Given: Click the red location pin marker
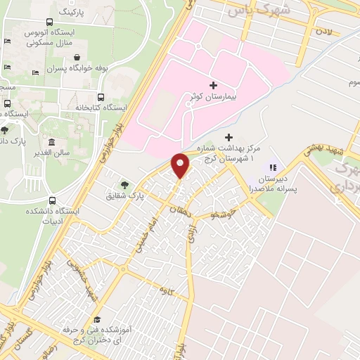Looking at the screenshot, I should pos(181,166).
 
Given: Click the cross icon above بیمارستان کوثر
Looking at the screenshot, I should pos(214,84).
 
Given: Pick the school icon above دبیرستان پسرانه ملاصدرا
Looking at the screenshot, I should pos(274,167).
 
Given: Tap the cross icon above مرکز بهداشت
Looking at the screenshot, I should pos(227,137).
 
